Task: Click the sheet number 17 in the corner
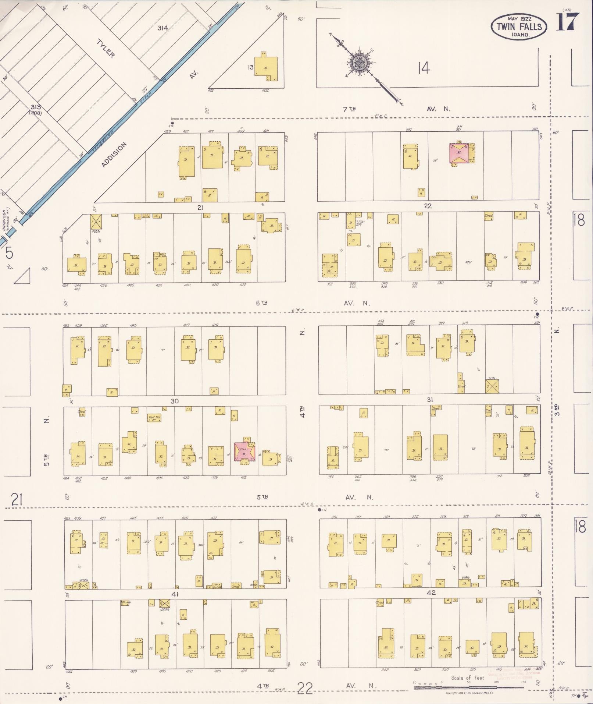click(x=568, y=22)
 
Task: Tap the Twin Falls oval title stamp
click(x=518, y=26)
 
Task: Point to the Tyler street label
click(x=106, y=49)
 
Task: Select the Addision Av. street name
click(x=114, y=155)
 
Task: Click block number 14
click(x=424, y=68)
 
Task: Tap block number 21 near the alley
click(x=200, y=208)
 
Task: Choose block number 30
click(x=174, y=401)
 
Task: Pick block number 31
click(x=430, y=399)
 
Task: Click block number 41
click(x=175, y=594)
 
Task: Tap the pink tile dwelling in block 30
click(x=245, y=451)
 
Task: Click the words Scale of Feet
click(x=468, y=678)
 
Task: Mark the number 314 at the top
click(x=163, y=28)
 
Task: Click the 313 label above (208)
click(x=36, y=107)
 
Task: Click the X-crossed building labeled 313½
click(x=492, y=386)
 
